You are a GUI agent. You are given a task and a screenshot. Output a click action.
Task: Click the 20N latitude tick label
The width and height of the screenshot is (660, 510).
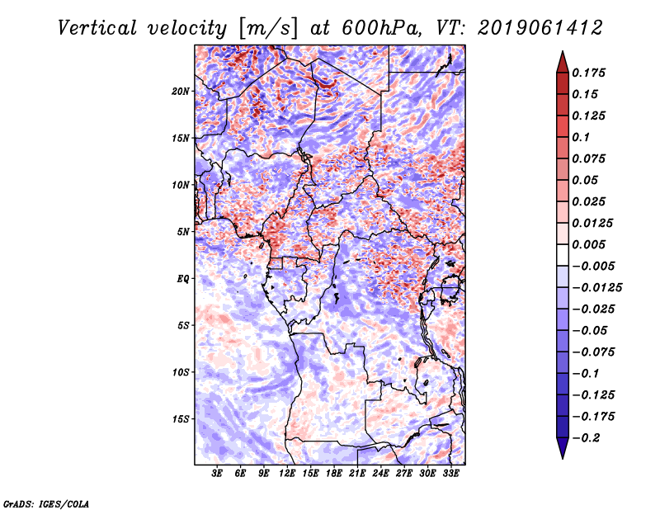pyautogui.click(x=181, y=91)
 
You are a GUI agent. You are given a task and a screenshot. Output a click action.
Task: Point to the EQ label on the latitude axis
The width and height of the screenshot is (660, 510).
pyautogui.click(x=183, y=278)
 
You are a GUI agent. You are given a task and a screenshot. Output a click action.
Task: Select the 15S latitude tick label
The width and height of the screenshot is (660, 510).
pyautogui.click(x=181, y=418)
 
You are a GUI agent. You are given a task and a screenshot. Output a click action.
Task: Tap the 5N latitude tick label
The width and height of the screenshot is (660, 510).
pyautogui.click(x=183, y=231)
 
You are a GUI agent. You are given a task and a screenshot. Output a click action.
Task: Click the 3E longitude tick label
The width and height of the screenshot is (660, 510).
pyautogui.click(x=218, y=474)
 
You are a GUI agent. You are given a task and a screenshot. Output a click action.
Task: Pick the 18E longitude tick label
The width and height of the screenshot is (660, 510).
pyautogui.click(x=334, y=474)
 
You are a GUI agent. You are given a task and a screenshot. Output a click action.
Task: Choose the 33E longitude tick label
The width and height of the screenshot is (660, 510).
pyautogui.click(x=450, y=474)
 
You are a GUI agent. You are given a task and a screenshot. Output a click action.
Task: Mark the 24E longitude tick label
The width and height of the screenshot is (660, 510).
pyautogui.click(x=380, y=474)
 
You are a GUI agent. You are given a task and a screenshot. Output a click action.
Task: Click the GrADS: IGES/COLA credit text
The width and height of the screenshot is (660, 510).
pyautogui.click(x=46, y=503)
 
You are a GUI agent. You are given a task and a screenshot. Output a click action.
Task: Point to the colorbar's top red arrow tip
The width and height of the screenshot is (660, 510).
pyautogui.click(x=562, y=54)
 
